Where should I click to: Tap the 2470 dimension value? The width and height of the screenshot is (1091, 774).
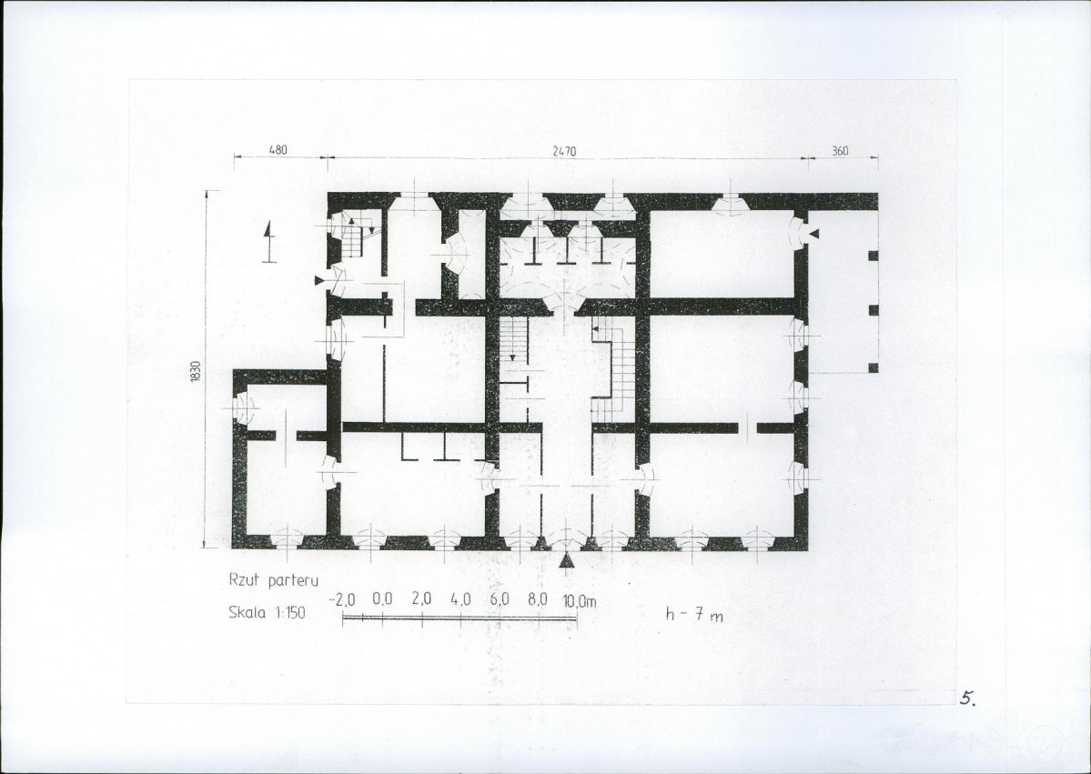click(x=564, y=151)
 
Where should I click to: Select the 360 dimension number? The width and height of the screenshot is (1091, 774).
click(x=840, y=150)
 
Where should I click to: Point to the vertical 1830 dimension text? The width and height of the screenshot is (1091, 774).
click(x=196, y=371)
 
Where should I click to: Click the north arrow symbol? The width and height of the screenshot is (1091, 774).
click(x=268, y=242)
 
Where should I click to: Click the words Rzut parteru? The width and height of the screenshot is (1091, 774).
click(x=274, y=579)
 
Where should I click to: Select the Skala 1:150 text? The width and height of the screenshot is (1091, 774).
click(x=267, y=613)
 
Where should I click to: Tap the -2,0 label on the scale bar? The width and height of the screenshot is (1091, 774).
click(x=341, y=599)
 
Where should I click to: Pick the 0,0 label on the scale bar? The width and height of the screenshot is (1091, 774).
click(x=382, y=598)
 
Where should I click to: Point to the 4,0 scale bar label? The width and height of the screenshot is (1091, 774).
click(x=460, y=598)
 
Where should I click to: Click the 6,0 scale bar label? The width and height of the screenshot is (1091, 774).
click(x=500, y=598)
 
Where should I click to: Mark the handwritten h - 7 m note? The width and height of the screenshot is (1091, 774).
click(x=694, y=614)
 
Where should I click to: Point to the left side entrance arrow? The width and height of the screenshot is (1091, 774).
click(x=319, y=280)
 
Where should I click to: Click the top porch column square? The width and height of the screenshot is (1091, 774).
click(x=874, y=256)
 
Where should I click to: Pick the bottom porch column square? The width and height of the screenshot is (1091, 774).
click(x=874, y=367)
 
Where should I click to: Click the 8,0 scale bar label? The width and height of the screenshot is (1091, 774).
click(x=538, y=598)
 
